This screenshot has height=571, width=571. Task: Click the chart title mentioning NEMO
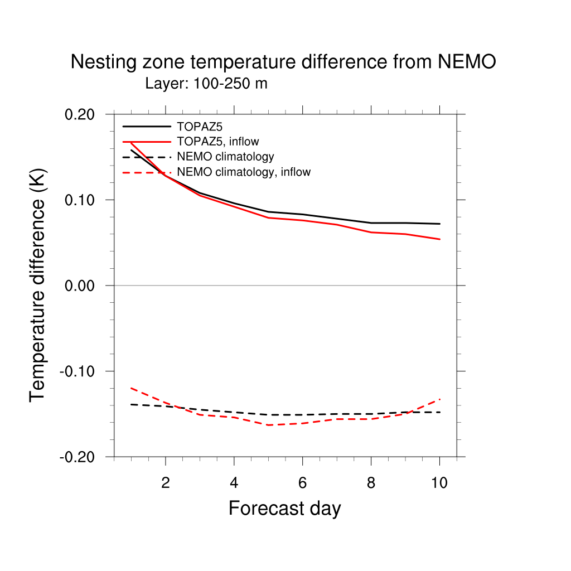pos(283,62)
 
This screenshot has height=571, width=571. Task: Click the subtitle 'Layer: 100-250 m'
pos(206,84)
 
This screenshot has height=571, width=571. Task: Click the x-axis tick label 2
pos(166,483)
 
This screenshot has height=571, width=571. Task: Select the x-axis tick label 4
pos(234,483)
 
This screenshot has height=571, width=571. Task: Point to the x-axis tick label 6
pos(303,483)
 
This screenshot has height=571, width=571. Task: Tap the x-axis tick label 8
pos(371,483)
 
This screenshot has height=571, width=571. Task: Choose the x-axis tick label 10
pos(439,483)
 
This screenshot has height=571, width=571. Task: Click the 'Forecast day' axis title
pos(284,509)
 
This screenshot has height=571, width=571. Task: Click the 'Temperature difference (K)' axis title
pos(38,285)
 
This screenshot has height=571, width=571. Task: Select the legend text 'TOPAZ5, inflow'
pos(217,142)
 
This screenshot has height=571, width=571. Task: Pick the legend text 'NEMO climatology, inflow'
pos(243,172)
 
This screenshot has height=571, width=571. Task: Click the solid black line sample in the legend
pos(146,127)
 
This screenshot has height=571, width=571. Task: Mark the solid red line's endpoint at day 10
pos(440,239)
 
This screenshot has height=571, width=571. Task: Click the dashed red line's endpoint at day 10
pos(440,399)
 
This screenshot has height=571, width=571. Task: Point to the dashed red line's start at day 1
pos(131,388)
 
